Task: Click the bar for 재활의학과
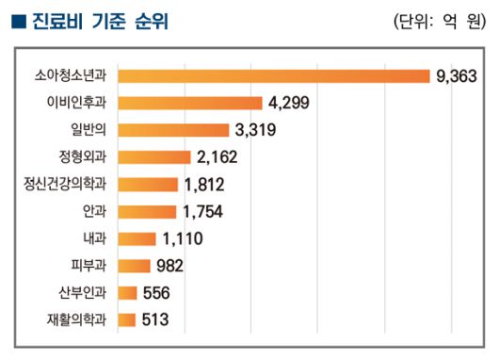[x=128, y=320]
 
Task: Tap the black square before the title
[x=17, y=21]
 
